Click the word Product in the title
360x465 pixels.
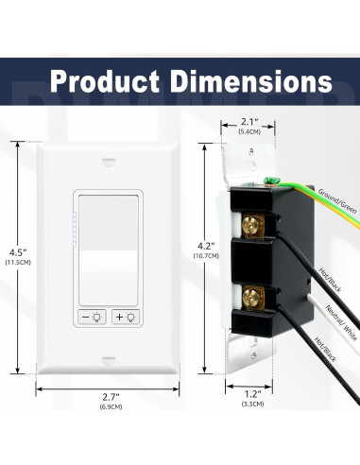(x=105, y=81)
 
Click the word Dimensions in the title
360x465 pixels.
(x=251, y=81)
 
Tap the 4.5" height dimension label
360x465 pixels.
(x=18, y=252)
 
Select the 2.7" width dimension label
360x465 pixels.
(x=111, y=396)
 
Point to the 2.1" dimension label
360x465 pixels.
(x=249, y=121)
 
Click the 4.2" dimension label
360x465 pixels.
(x=206, y=246)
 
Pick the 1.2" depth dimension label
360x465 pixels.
(x=253, y=394)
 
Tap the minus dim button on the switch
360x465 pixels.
(x=93, y=317)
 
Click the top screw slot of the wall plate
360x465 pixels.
(x=109, y=163)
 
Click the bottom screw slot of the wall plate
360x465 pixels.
(x=109, y=359)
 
